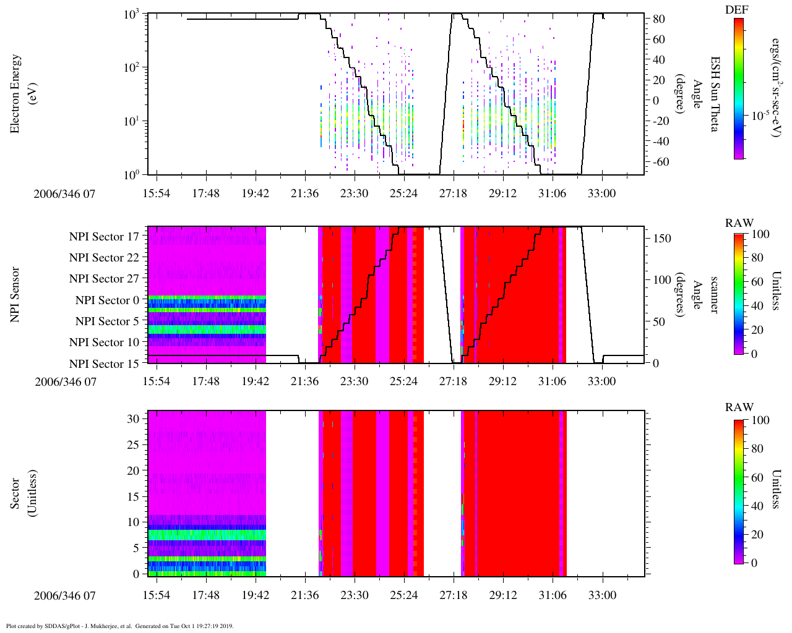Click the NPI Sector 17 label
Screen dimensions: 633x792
(x=104, y=237)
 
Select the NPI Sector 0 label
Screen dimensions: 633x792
(x=107, y=300)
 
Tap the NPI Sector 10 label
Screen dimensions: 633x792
(x=104, y=342)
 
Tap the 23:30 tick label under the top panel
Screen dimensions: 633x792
(x=354, y=193)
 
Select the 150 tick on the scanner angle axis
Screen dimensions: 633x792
(x=663, y=239)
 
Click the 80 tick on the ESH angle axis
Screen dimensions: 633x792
(x=659, y=20)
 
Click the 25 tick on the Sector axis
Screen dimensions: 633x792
(x=134, y=444)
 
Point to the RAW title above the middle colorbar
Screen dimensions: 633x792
(x=739, y=223)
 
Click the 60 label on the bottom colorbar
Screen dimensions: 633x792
(x=757, y=478)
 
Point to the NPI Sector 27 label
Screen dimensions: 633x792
(x=104, y=279)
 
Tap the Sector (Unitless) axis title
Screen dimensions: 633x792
(x=21, y=493)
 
